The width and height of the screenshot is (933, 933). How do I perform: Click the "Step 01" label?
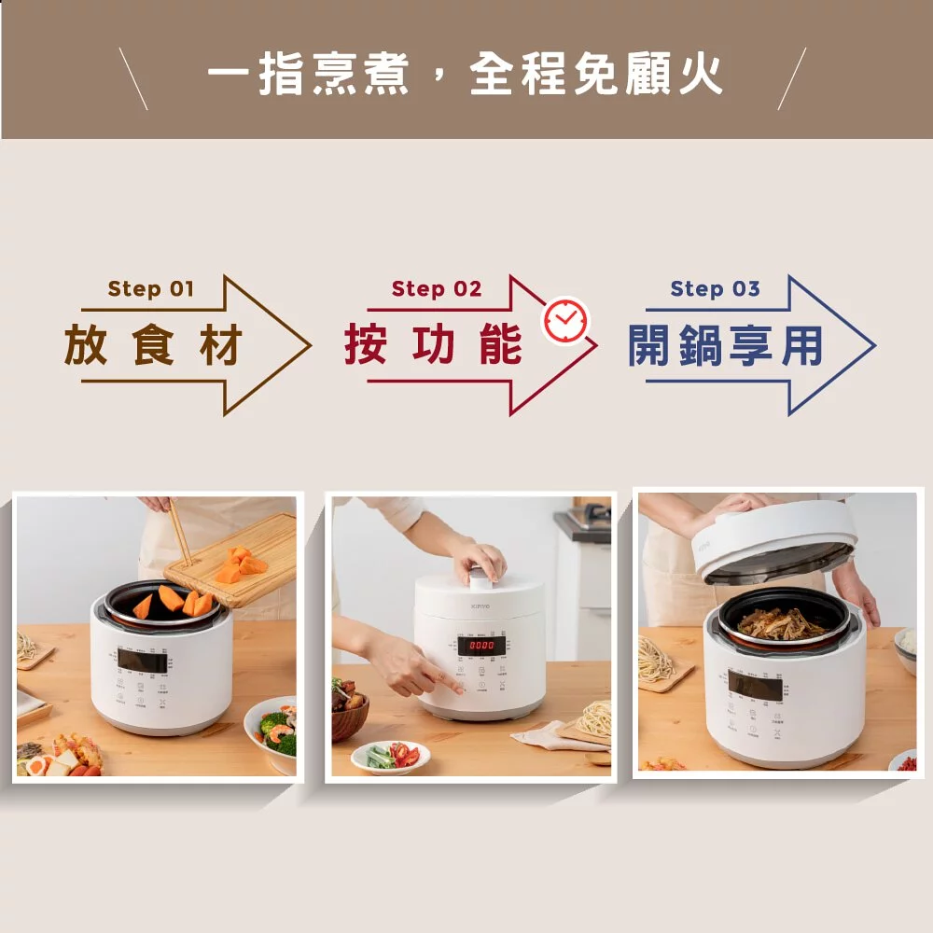pyautogui.click(x=150, y=288)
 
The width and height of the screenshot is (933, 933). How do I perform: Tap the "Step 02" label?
pyautogui.click(x=437, y=288)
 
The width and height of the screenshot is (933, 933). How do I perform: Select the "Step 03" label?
pyautogui.click(x=715, y=288)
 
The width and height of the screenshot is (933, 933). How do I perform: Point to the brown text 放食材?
pyautogui.click(x=154, y=346)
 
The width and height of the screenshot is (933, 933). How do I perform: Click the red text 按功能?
pyautogui.click(x=433, y=346)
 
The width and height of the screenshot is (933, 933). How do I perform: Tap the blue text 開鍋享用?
pyautogui.click(x=726, y=346)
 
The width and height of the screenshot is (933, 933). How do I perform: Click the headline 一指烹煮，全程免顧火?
pyautogui.click(x=465, y=74)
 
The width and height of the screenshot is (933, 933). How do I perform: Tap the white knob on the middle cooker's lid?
pyautogui.click(x=480, y=578)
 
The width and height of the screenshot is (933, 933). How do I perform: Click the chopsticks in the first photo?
pyautogui.click(x=178, y=532)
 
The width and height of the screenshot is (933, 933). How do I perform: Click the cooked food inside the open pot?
pyautogui.click(x=782, y=622)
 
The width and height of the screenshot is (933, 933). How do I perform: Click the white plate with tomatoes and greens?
pyautogui.click(x=391, y=757)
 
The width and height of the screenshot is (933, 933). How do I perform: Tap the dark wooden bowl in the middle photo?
pyautogui.click(x=349, y=714)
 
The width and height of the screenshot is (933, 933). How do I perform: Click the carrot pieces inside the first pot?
pyautogui.click(x=174, y=602)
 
